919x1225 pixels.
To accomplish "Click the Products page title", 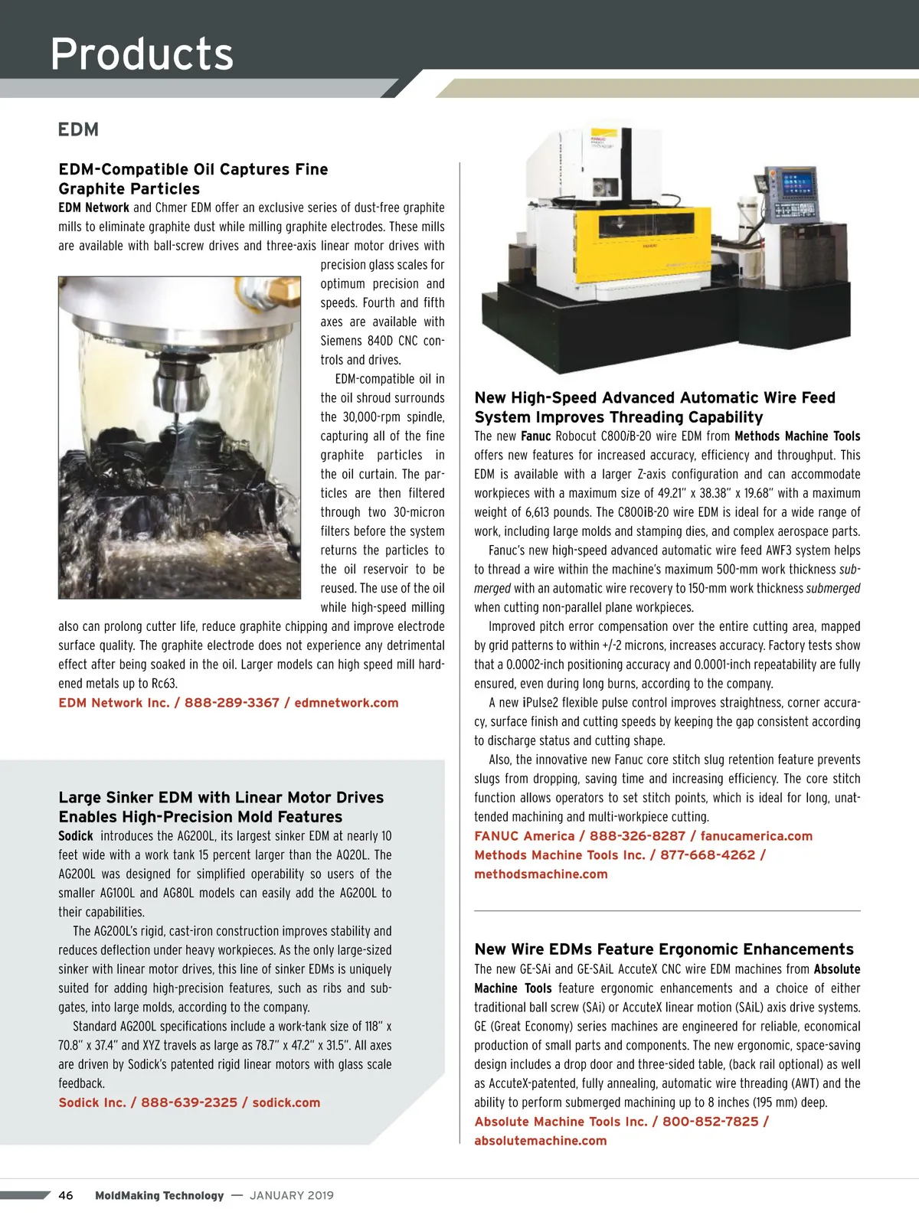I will tap(142, 54).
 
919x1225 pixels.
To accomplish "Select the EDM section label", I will tap(78, 129).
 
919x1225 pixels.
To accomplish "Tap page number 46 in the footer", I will tap(66, 1195).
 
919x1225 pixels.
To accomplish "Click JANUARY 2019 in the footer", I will tap(292, 1195).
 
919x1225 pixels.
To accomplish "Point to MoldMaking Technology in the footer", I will tap(159, 1195).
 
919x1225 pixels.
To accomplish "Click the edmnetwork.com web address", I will tap(346, 703).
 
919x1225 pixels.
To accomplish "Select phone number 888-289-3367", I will tap(232, 703).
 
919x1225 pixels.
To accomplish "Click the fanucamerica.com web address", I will tap(757, 836).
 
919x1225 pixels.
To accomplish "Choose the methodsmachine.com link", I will tap(541, 874).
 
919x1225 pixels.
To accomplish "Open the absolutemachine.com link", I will tap(541, 1141).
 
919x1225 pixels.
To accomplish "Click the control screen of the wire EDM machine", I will tap(797, 184).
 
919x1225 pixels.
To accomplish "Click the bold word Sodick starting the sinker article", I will tap(76, 836).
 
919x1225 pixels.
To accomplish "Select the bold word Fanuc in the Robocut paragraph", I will tap(536, 436).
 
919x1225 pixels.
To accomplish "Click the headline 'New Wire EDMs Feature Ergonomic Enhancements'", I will tap(664, 949).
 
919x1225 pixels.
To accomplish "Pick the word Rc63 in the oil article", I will tap(164, 684).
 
